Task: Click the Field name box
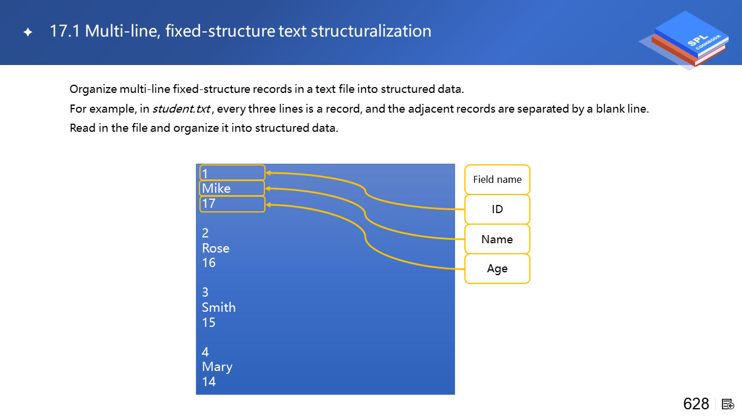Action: tap(497, 179)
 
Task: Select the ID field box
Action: tap(497, 210)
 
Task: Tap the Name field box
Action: tap(497, 239)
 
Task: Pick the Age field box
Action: tap(497, 269)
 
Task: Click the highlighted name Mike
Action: tap(232, 189)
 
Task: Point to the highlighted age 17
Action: tap(232, 204)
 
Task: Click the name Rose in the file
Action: tap(216, 248)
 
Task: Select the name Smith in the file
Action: tap(219, 308)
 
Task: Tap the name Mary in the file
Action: tap(217, 367)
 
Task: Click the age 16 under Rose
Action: tap(209, 263)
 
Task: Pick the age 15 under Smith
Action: tap(209, 322)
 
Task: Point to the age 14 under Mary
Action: tap(209, 382)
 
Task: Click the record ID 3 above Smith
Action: tap(205, 292)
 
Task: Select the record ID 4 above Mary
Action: tap(205, 352)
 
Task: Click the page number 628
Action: tap(696, 404)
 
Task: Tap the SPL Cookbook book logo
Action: tap(687, 40)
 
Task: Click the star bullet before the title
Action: tap(28, 32)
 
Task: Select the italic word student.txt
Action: tap(181, 109)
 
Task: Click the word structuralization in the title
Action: tap(371, 31)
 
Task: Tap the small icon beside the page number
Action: tap(728, 405)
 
